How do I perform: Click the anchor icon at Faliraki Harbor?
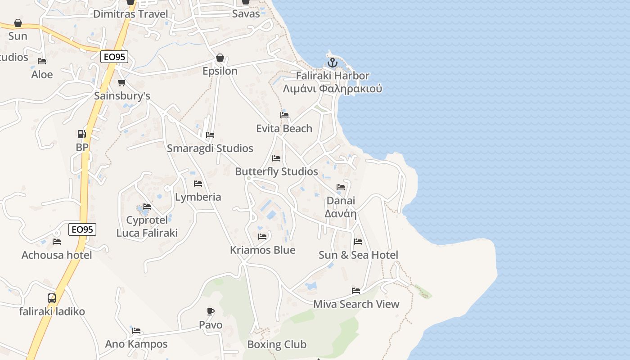pos(333,63)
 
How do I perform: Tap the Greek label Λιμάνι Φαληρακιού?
pos(333,88)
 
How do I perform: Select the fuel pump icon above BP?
pos(81,134)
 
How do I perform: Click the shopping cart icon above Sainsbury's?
pos(121,82)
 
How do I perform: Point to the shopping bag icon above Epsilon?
pos(220,58)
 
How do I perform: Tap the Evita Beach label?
pos(284,129)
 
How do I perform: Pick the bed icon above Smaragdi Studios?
pos(210,135)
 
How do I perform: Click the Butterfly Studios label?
pos(276,171)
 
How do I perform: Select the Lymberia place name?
pos(198,197)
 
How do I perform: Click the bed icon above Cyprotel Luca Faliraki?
pos(147,207)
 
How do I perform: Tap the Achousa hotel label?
pos(57,255)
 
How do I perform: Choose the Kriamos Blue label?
pos(263,250)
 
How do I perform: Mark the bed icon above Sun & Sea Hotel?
pos(358,242)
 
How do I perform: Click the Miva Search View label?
pos(356,304)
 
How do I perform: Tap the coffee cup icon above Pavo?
pos(211,311)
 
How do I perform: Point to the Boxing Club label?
pos(277,345)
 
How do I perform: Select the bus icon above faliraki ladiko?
pos(52,298)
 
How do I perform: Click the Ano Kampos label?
pos(136,344)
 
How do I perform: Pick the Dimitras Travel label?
pos(130,14)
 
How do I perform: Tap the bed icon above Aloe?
pos(42,61)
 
